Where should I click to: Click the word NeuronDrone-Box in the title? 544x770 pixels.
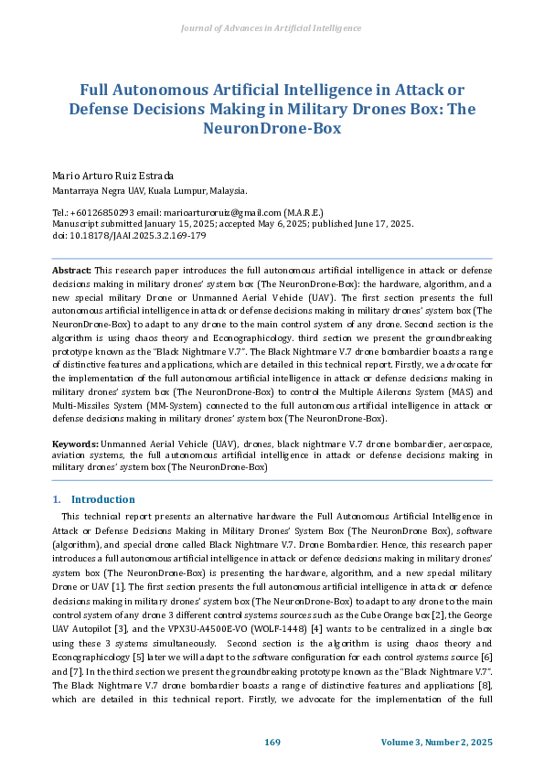pyautogui.click(x=272, y=129)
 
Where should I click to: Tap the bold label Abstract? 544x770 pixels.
pyautogui.click(x=72, y=271)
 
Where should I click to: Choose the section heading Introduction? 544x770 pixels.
pyautogui.click(x=102, y=499)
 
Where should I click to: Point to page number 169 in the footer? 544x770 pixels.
pyautogui.click(x=272, y=742)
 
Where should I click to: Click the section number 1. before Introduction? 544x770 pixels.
pyautogui.click(x=57, y=499)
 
